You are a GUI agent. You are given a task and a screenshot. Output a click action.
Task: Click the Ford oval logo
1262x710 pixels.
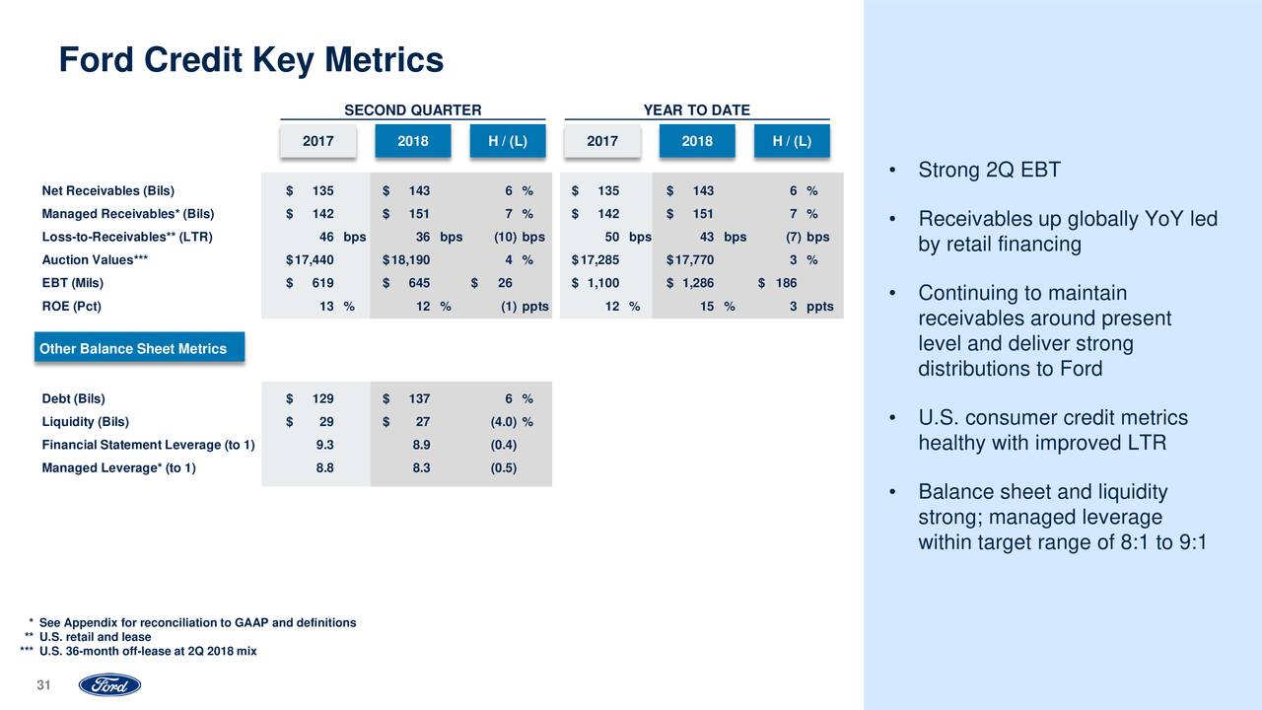coord(109,685)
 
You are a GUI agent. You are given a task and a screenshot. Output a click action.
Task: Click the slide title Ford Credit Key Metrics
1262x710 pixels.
coord(251,61)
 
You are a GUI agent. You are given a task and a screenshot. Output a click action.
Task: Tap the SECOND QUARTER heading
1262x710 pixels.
coord(412,110)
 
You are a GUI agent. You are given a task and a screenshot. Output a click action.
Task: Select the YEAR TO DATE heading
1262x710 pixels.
coord(696,110)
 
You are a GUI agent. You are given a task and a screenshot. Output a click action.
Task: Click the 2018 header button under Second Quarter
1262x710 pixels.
coord(412,141)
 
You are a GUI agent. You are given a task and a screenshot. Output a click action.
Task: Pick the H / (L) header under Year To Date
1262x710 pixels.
coord(792,141)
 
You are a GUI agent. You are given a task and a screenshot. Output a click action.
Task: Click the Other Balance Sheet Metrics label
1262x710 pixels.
coord(133,349)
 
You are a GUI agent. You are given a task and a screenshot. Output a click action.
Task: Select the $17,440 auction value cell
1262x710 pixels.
coord(310,260)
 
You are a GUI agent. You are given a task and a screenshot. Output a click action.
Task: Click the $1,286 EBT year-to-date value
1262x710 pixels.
coord(690,283)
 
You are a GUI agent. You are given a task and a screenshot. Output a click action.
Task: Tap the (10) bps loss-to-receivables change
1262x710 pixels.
coord(520,237)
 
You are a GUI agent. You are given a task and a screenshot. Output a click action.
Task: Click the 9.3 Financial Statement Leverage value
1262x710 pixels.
coord(323,445)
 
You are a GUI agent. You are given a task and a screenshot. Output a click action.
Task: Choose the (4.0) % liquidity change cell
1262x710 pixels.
coord(512,422)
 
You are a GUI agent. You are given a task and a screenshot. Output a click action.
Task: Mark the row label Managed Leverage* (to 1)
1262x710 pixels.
coord(118,468)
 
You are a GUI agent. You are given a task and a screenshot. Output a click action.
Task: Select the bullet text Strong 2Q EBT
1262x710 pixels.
coord(989,171)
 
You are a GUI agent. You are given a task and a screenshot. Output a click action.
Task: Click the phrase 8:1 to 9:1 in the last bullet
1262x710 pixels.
coord(1155,543)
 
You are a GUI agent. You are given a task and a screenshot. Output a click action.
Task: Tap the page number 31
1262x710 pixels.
coord(43,686)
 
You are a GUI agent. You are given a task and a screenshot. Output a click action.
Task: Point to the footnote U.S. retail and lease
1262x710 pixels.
coord(95,637)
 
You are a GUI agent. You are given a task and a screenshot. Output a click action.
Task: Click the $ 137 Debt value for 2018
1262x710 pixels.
coord(406,399)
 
